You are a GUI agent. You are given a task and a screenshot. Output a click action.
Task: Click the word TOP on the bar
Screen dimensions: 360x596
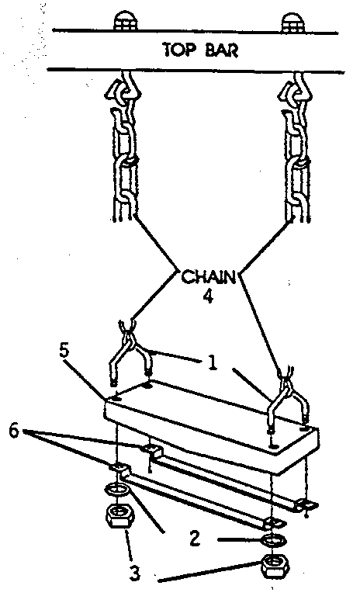click(176, 50)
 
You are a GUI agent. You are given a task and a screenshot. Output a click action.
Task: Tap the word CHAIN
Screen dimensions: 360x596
click(209, 277)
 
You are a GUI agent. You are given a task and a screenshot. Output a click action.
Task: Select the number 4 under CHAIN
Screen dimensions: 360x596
click(208, 296)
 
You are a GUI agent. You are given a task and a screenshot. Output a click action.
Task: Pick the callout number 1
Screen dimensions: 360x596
click(213, 363)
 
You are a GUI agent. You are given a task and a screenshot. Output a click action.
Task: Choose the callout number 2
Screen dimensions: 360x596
click(194, 539)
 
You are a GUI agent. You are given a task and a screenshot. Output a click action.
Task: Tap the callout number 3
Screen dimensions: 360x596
click(133, 573)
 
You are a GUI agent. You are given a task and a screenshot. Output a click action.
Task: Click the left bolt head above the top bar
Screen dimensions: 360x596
click(126, 22)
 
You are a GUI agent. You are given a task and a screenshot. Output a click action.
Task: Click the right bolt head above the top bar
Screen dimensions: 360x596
click(292, 23)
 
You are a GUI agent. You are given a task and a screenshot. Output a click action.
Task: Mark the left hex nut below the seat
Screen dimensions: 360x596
click(119, 515)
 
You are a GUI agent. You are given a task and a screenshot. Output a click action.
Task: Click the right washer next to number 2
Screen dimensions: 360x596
click(272, 541)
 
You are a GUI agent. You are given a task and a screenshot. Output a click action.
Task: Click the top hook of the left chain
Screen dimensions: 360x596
click(126, 85)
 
